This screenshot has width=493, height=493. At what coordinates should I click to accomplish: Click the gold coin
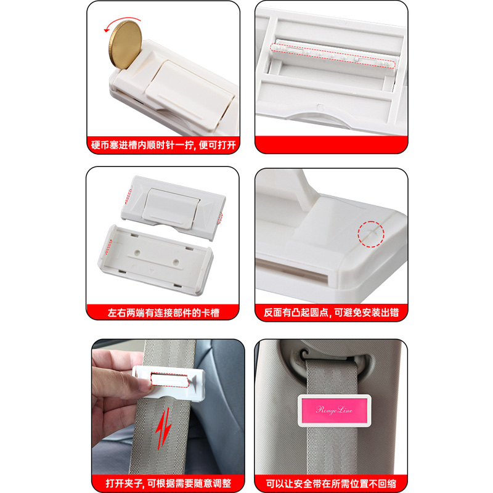pyautogui.click(x=125, y=44)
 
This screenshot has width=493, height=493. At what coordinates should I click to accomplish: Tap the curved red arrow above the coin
pyautogui.click(x=121, y=21)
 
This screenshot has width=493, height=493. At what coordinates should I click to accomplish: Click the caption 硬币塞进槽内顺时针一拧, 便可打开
pyautogui.click(x=163, y=145)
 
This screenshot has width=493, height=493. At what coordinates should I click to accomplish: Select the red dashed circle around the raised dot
pyautogui.click(x=371, y=234)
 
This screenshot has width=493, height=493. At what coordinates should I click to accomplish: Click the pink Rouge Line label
pyautogui.click(x=334, y=410)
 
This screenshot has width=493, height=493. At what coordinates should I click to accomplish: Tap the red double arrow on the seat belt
pyautogui.click(x=163, y=428)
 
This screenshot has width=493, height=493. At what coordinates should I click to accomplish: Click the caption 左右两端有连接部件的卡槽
pyautogui.click(x=163, y=313)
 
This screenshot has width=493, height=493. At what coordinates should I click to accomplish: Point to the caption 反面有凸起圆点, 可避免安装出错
pyautogui.click(x=331, y=312)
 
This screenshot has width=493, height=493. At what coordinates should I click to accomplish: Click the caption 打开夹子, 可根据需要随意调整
pyautogui.click(x=168, y=483)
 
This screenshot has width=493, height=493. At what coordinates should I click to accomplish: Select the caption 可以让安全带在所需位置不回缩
pyautogui.click(x=331, y=483)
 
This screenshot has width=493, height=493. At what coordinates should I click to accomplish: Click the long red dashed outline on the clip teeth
pyautogui.click(x=332, y=55)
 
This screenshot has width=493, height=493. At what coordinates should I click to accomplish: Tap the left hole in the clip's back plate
pyautogui.click(x=137, y=252)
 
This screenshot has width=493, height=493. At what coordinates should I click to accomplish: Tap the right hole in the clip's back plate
pyautogui.click(x=176, y=261)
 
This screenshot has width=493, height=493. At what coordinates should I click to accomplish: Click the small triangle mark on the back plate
pyautogui.click(x=152, y=271)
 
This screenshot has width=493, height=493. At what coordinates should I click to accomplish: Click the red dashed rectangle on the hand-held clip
pyautogui.click(x=170, y=380)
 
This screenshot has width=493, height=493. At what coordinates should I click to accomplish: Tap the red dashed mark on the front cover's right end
pyautogui.click(x=220, y=218)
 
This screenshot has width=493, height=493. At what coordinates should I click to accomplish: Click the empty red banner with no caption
pyautogui.click(x=331, y=145)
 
